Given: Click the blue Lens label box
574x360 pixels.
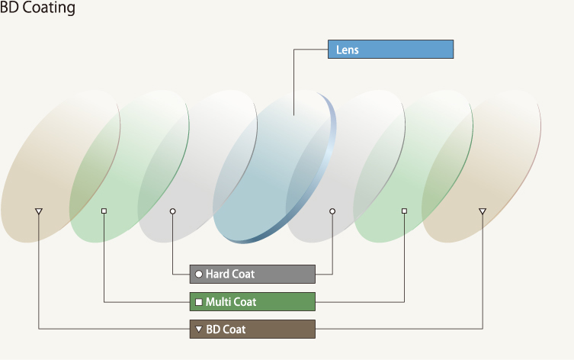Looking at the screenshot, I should click(x=390, y=50).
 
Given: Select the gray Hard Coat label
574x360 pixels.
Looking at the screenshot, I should click(x=252, y=274).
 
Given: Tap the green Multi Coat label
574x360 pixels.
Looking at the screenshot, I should click(x=252, y=302).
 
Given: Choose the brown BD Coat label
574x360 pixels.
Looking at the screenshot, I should click(x=252, y=329).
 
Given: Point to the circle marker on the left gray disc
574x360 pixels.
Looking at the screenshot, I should click(x=173, y=211).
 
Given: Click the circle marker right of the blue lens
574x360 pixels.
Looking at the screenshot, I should click(x=332, y=211).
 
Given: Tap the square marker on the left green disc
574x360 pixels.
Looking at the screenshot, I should click(x=104, y=211).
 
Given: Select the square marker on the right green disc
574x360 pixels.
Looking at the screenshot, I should click(x=404, y=211).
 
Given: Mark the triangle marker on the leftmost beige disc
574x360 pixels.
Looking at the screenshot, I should click(x=39, y=211).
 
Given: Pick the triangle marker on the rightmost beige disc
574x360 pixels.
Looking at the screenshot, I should click(x=482, y=211).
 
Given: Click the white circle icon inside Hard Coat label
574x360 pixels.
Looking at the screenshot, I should click(x=199, y=274).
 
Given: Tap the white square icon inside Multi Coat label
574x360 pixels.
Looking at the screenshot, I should click(x=199, y=302).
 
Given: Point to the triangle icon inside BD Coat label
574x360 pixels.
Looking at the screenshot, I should click(x=199, y=329).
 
